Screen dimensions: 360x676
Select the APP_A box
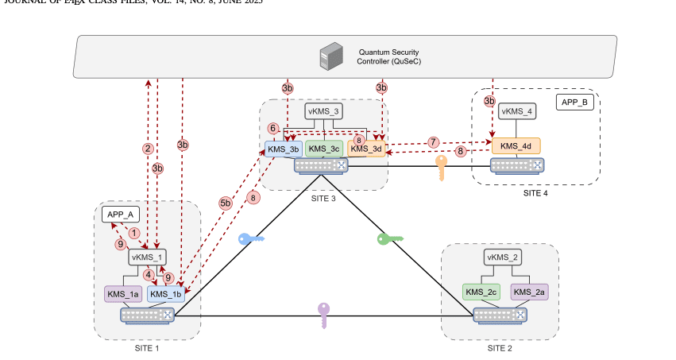[120, 214]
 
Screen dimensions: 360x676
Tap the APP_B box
[575, 103]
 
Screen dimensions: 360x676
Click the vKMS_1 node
[147, 257]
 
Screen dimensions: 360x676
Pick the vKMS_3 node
[324, 112]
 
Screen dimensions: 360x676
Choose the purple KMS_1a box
[123, 294]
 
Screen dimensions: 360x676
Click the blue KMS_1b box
[167, 294]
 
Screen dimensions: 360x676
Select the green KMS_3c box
[324, 149]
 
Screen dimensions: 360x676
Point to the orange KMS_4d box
[516, 146]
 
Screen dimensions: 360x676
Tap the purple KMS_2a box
[529, 292]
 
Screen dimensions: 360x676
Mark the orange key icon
[442, 168]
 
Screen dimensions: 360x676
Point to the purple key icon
[323, 314]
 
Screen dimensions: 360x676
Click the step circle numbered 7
[433, 141]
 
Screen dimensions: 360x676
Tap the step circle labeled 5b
[225, 203]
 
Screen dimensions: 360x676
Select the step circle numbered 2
[147, 148]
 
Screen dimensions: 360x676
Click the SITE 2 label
[500, 348]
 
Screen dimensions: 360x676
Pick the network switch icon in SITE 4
[516, 165]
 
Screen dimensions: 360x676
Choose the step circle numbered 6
[272, 128]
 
